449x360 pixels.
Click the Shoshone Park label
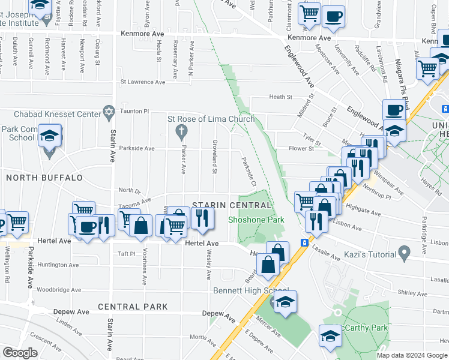point(256,220)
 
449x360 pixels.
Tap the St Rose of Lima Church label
point(211,119)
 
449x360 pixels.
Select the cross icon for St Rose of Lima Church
point(179,130)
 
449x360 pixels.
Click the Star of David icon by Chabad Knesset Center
point(109,112)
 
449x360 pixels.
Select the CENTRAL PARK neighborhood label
point(133,307)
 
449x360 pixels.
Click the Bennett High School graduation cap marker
point(286,302)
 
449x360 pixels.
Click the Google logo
point(20,352)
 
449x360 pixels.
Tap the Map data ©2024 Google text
point(412,355)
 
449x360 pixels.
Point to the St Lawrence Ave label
point(142,82)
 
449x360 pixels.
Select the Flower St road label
point(301,149)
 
